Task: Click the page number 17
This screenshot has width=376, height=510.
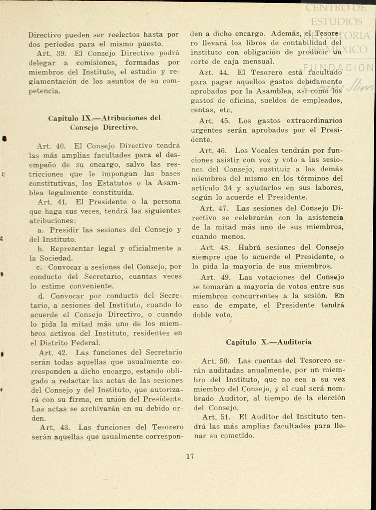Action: tap(190, 456)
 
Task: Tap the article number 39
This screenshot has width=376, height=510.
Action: tap(61, 53)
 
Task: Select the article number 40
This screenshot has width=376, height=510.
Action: tap(60, 146)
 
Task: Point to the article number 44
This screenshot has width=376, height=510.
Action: tap(224, 73)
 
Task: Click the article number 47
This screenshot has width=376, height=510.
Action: tap(223, 209)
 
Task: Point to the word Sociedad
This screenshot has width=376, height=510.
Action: tap(56, 258)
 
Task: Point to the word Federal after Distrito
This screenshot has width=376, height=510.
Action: tap(85, 343)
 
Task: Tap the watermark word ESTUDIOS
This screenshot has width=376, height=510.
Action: tap(336, 22)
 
